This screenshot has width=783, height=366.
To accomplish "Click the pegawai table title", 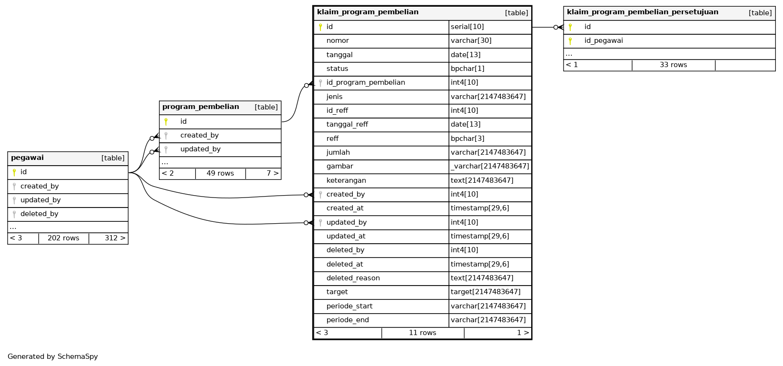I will (27, 158).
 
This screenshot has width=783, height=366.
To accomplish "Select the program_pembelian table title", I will (200, 107).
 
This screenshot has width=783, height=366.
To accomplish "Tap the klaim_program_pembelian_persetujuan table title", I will (642, 12).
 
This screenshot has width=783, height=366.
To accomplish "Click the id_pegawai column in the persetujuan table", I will (603, 41).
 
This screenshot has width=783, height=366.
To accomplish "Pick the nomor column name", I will (337, 41).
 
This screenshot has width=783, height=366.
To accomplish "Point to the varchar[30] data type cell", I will (471, 41).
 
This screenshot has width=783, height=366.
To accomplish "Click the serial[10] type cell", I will (467, 27).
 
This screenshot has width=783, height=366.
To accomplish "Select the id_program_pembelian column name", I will (366, 83).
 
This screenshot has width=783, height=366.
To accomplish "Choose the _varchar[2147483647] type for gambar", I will (490, 167).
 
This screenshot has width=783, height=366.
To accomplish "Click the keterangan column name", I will (346, 180).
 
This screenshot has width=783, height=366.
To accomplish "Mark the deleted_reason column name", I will (353, 278).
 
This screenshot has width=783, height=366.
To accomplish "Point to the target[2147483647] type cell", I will (486, 292).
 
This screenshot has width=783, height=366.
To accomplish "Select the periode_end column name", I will (347, 320).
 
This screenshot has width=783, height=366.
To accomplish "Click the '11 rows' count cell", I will (422, 333).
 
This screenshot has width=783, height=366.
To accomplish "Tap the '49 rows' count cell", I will (220, 174).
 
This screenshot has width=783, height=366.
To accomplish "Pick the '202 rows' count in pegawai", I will (63, 238).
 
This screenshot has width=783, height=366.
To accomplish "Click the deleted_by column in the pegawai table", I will (39, 214).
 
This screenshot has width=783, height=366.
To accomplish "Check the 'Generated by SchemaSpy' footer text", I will (52, 356).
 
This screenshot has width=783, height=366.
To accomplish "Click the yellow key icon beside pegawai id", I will (14, 172).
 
